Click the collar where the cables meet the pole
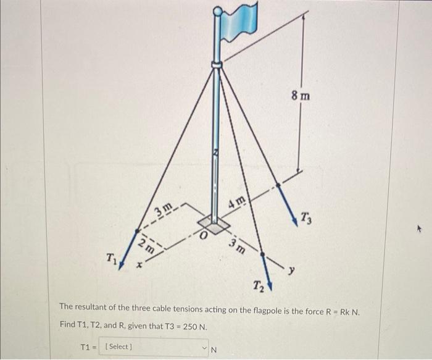tap(217, 64)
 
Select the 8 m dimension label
tap(301, 96)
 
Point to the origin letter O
tap(201, 235)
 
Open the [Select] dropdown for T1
tap(154, 346)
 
